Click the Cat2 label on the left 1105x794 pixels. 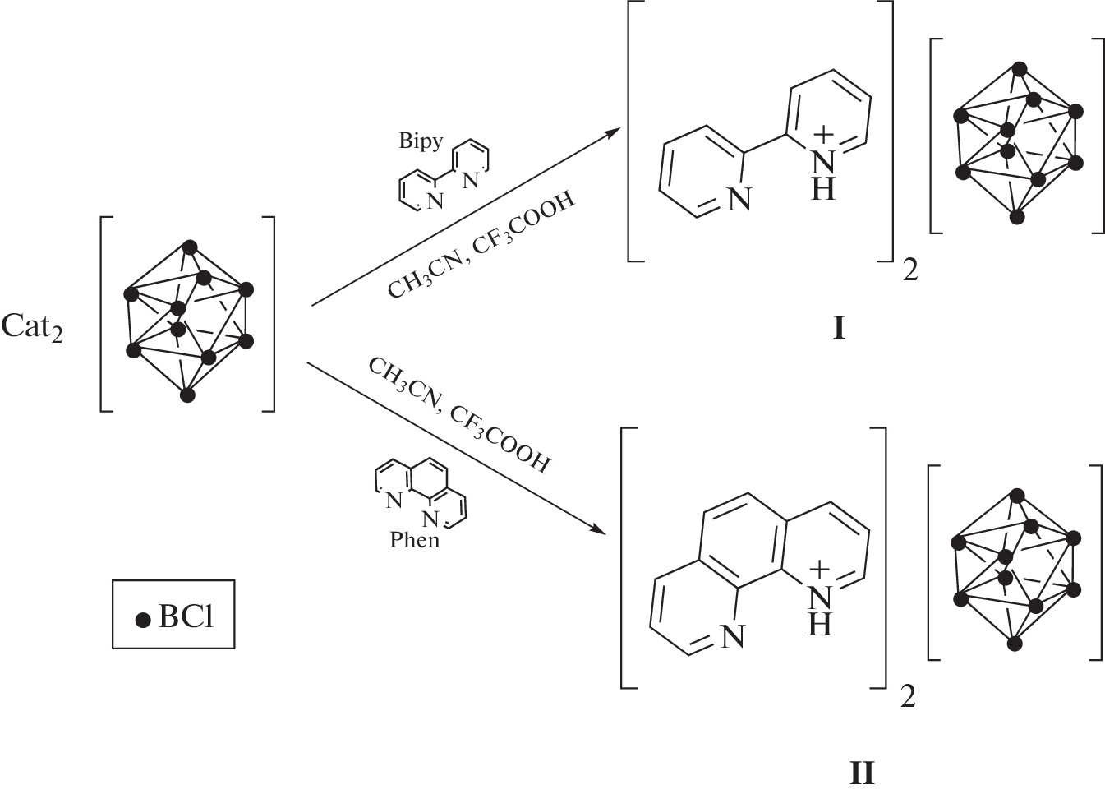(x=32, y=327)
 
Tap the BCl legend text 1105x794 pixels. (x=186, y=616)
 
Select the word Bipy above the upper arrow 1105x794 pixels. (x=421, y=141)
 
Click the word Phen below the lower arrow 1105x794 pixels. (x=415, y=540)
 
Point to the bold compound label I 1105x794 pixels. (x=839, y=329)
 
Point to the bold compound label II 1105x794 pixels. (x=862, y=773)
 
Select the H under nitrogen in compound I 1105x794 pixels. (x=823, y=190)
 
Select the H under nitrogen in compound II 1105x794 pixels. (x=819, y=625)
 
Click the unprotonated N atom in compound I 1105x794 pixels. (x=739, y=199)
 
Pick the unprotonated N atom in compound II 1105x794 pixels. (x=732, y=635)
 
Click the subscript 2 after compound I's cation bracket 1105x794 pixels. (x=909, y=270)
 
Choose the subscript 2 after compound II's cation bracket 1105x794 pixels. (x=907, y=697)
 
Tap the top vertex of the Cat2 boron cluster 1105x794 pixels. (x=190, y=246)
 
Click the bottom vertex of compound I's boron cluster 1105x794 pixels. (x=1017, y=217)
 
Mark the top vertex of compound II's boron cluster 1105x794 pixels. (x=1016, y=495)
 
